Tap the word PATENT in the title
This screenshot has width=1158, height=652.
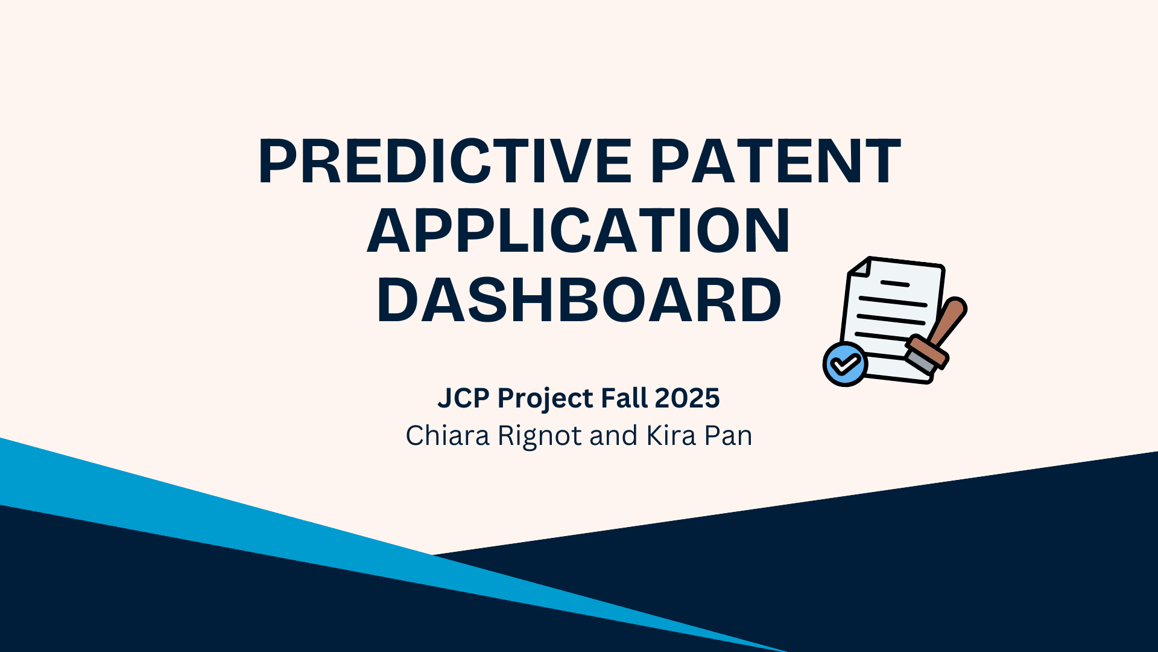[x=776, y=161]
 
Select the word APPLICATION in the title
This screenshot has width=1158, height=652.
[x=579, y=231]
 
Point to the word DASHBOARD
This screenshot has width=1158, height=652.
[x=579, y=300]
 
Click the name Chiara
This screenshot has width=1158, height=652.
[x=448, y=436]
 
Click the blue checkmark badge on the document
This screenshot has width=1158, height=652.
[x=846, y=364]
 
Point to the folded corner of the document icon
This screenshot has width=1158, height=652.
[x=859, y=267]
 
